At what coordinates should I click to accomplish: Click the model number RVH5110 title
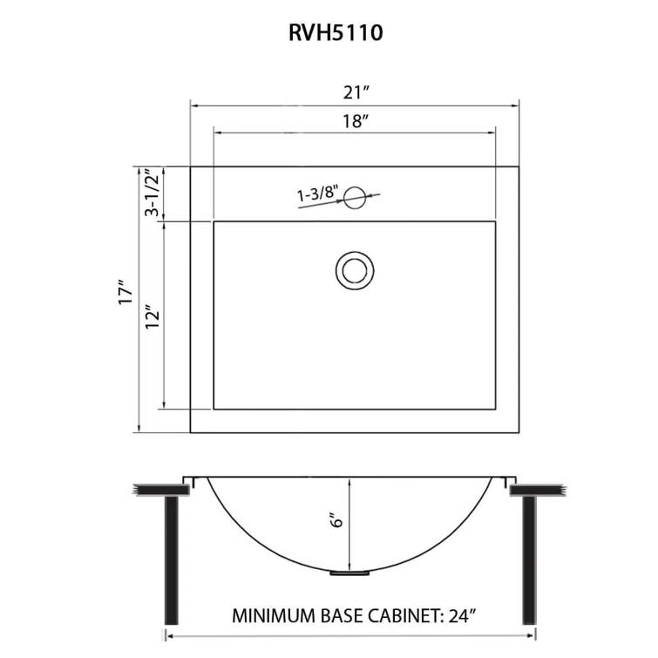point(336,33)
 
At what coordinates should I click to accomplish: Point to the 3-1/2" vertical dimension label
point(153,193)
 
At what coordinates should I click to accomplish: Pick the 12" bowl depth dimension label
point(153,316)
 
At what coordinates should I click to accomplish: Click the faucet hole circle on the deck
point(355,198)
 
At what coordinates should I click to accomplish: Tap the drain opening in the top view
point(355,270)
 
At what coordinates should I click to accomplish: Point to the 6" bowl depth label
point(337,520)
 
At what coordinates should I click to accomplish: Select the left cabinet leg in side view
point(172,558)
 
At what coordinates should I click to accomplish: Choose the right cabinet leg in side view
point(529,558)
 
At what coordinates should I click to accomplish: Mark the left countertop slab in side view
point(160,487)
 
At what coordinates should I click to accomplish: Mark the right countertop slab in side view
point(540,487)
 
